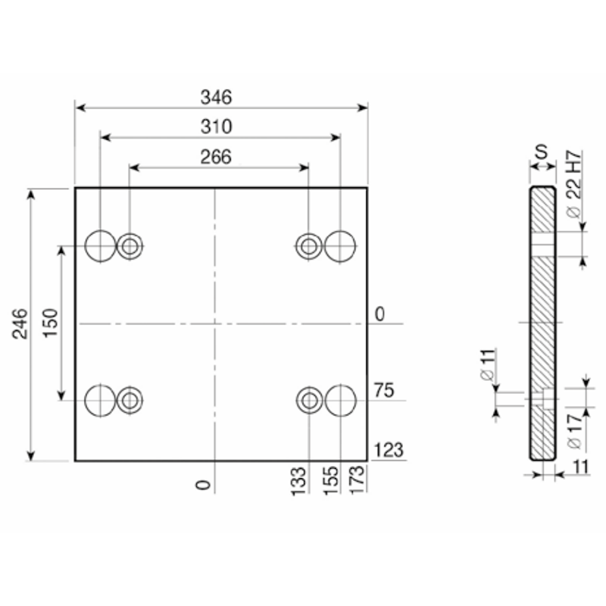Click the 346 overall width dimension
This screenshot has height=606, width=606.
[x=216, y=97]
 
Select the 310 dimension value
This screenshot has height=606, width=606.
[x=216, y=127]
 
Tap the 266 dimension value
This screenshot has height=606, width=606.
[x=216, y=157]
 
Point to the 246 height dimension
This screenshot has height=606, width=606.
[x=20, y=324]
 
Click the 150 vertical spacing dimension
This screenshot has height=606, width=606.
[x=50, y=323]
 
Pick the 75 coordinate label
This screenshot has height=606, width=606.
[x=384, y=390]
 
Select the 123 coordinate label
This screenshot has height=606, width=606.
[x=389, y=450]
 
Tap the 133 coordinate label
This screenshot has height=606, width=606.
[x=298, y=481]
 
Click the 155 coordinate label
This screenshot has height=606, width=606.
[x=331, y=481]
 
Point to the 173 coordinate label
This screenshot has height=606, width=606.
[x=357, y=479]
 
